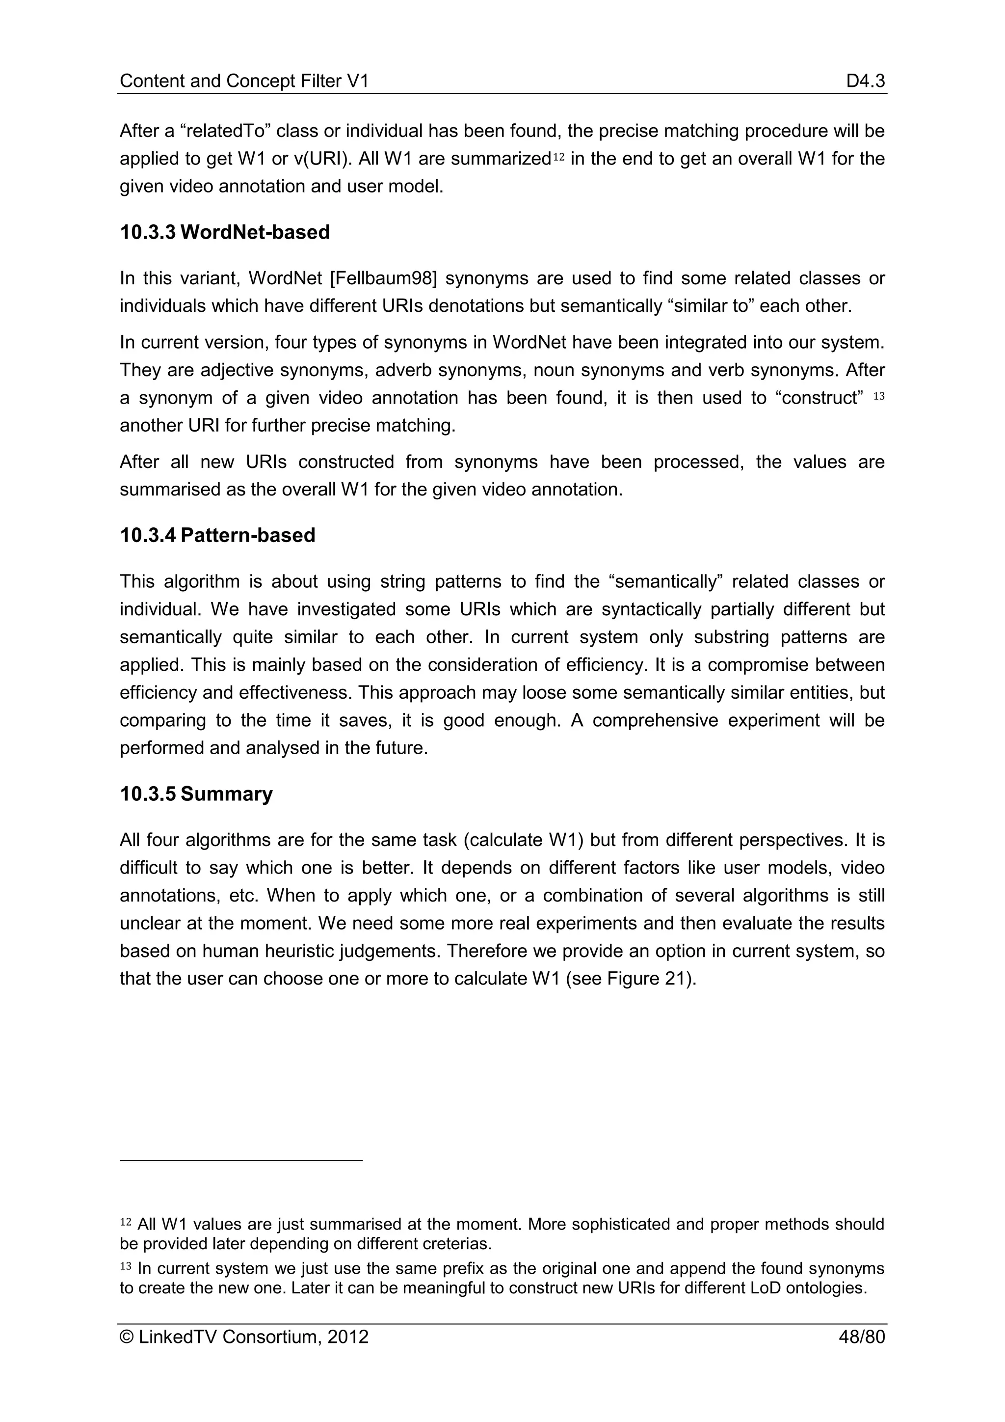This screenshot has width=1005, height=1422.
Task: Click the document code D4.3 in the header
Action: tap(866, 81)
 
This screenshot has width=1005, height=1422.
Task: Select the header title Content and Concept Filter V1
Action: tap(244, 81)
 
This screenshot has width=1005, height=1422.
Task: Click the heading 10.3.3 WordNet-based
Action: tap(225, 232)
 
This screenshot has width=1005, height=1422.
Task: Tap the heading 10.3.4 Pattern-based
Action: tap(217, 535)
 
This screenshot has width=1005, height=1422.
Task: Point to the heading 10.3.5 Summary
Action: tap(196, 794)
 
